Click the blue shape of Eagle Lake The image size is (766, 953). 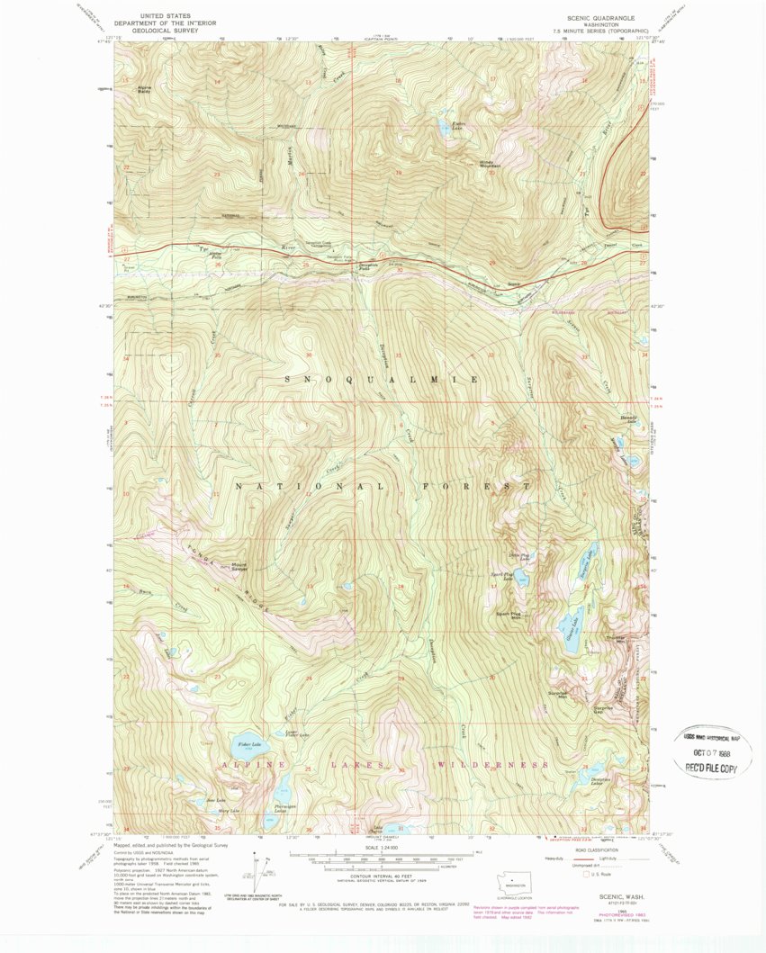[x=445, y=129]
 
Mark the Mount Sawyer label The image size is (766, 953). [x=239, y=567]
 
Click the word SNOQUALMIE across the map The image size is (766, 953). [x=382, y=380]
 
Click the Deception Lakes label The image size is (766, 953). [x=601, y=781]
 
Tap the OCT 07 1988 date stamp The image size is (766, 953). [x=710, y=750]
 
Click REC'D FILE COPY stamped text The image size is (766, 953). [x=710, y=768]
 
